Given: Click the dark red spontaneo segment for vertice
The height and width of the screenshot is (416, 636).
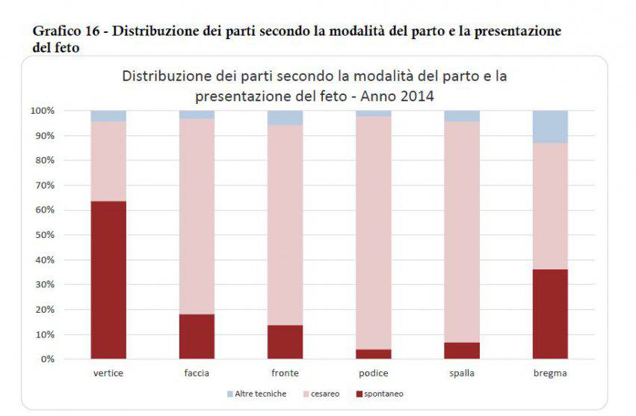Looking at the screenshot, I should coord(108,280).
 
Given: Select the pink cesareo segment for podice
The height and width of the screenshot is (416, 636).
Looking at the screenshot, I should coord(374,233).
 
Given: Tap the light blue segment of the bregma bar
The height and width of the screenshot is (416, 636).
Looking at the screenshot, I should coord(550,126).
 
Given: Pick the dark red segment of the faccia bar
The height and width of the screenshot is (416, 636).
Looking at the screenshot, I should coord(197,336).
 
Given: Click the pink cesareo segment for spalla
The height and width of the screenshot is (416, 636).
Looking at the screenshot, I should coord(462,232).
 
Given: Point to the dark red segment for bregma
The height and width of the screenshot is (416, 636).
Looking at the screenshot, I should coord(550,314).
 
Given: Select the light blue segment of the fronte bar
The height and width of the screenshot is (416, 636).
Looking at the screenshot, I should coord(285,117).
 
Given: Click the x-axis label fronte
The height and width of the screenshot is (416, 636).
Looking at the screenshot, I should coord(285,373).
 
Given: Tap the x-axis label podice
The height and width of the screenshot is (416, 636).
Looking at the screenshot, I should coord(374,373).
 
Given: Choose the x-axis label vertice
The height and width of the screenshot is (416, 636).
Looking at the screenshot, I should coord(108,373).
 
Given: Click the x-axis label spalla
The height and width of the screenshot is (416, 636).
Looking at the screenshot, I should coord(462,373).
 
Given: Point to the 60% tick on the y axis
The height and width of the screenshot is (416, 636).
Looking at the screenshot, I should coord(43,210).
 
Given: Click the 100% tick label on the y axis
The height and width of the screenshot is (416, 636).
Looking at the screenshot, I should coord(41,111).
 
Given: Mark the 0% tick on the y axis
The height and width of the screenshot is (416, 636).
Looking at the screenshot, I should coord(46,359).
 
